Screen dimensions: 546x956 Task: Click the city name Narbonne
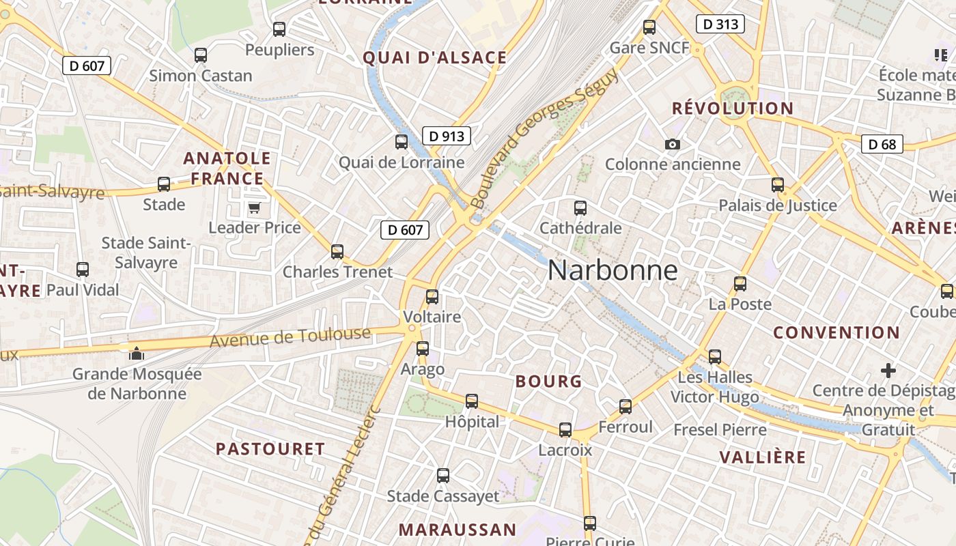click(613, 271)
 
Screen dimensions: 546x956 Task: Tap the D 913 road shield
click(447, 136)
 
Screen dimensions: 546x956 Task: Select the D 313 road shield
click(720, 24)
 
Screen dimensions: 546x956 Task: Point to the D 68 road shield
click(882, 144)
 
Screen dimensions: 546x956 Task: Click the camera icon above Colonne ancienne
click(673, 144)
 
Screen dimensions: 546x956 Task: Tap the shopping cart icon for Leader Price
click(254, 207)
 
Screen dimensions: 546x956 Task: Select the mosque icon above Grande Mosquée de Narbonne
click(137, 353)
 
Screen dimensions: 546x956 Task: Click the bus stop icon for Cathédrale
click(580, 207)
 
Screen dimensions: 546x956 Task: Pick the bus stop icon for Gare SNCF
click(649, 27)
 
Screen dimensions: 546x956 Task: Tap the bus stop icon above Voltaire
click(432, 297)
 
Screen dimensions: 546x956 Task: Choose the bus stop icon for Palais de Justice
click(777, 184)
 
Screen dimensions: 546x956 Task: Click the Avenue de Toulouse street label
click(290, 336)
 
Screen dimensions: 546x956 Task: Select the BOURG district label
click(549, 382)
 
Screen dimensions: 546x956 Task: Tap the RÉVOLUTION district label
click(733, 109)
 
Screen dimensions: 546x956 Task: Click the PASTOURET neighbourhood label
click(270, 449)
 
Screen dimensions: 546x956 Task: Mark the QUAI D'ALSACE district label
click(435, 58)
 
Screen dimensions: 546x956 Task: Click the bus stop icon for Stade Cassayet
click(443, 476)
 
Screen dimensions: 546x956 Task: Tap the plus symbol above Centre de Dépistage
click(888, 371)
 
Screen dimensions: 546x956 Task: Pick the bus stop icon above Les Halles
click(715, 356)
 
